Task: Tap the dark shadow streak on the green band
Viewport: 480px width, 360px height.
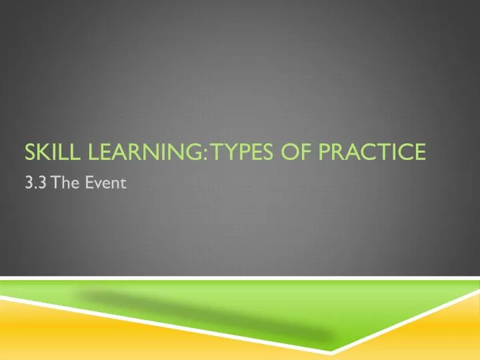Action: (x=200, y=312)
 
